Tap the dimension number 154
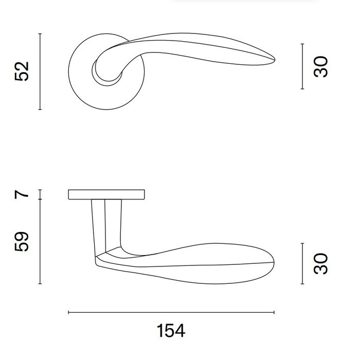click(170, 331)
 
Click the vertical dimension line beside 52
click(40, 71)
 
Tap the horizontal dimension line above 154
click(171, 312)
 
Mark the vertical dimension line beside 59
click(40, 242)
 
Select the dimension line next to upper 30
click(302, 66)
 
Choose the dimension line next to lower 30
click(302, 263)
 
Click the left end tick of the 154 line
click(68, 312)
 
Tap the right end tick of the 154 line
click(274, 312)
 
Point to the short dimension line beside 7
click(40, 194)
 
